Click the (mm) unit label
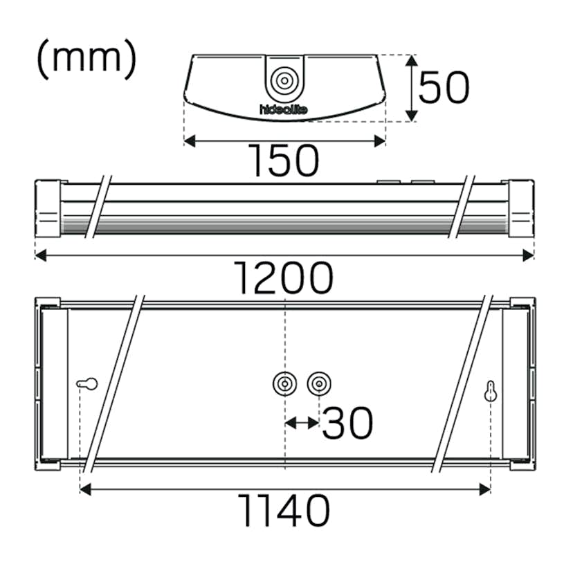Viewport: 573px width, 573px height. click(86, 60)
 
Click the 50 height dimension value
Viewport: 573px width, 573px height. click(444, 88)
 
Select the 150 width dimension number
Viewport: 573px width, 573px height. click(284, 161)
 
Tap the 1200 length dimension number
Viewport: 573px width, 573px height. click(284, 278)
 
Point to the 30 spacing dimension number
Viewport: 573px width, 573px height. click(347, 423)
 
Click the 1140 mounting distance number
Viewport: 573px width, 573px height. click(284, 511)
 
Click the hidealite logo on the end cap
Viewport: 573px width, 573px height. click(283, 109)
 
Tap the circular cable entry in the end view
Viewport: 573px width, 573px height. click(284, 80)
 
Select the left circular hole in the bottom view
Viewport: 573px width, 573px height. click(284, 383)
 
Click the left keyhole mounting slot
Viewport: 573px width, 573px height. click(87, 383)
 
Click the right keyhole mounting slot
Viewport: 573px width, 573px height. click(491, 391)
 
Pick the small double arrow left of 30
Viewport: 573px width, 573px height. click(302, 421)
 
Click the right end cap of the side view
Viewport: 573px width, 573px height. click(521, 208)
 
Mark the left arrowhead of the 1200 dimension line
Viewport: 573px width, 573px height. click(40, 255)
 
